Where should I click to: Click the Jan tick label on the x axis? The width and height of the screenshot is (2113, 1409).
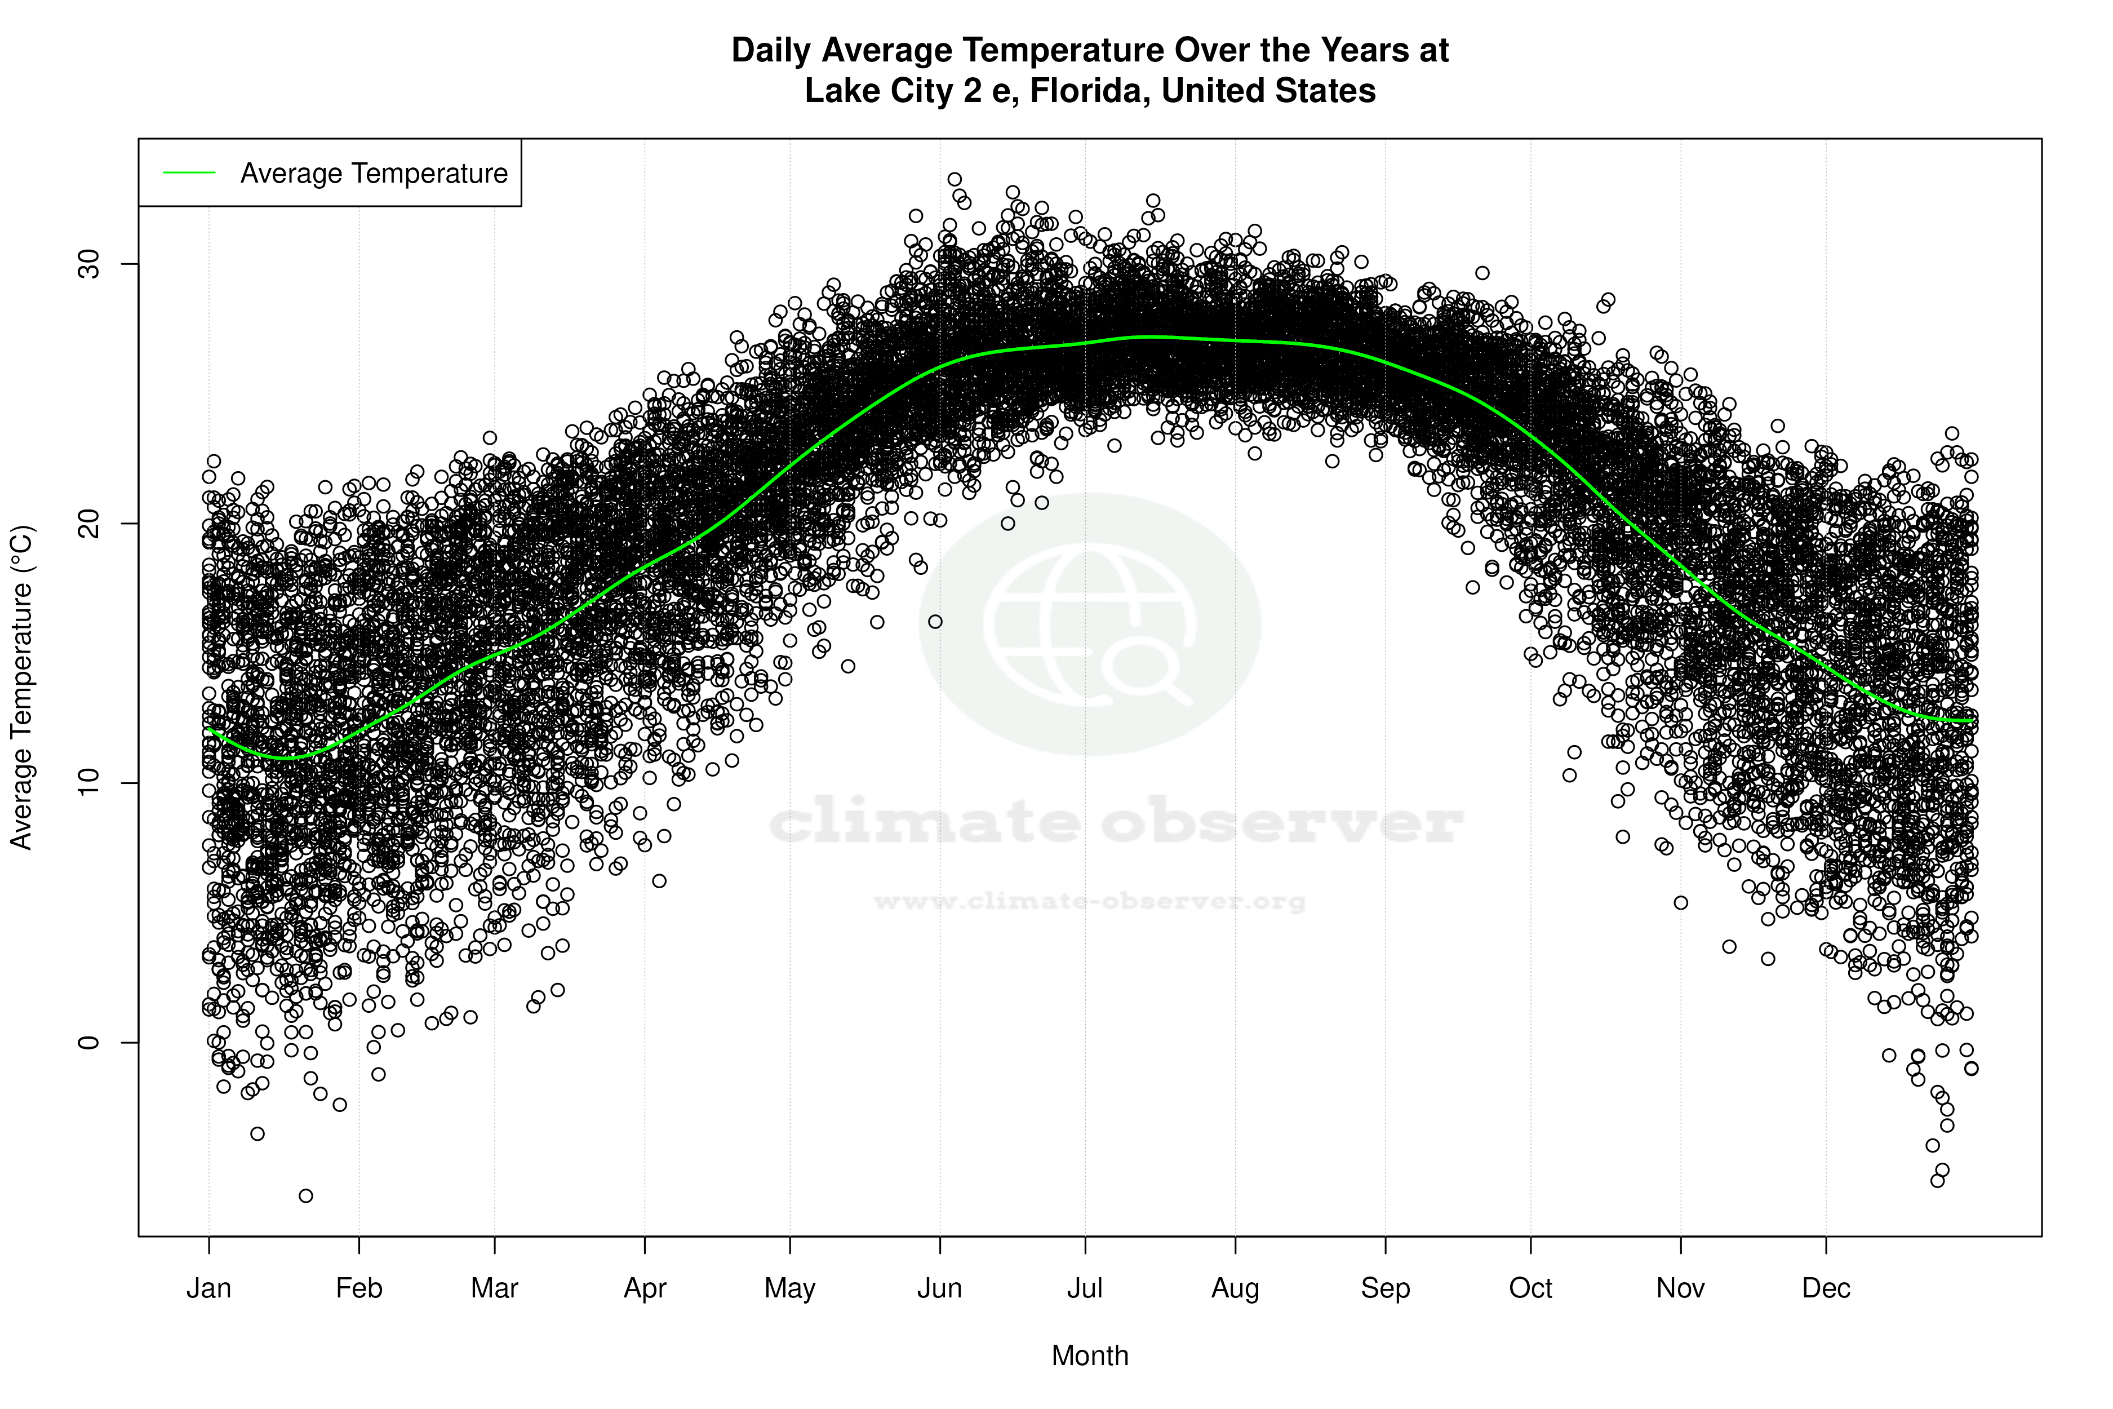tap(208, 1288)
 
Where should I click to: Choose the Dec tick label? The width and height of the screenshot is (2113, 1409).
tap(1826, 1288)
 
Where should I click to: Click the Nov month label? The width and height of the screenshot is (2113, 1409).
tap(1680, 1288)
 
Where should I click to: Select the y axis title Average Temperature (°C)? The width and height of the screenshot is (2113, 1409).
tap(21, 688)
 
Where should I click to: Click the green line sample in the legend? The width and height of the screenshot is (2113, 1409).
tap(189, 172)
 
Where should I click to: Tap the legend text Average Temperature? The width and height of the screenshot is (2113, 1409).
tap(374, 174)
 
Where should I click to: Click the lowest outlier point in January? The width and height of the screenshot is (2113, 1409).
tap(305, 1195)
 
